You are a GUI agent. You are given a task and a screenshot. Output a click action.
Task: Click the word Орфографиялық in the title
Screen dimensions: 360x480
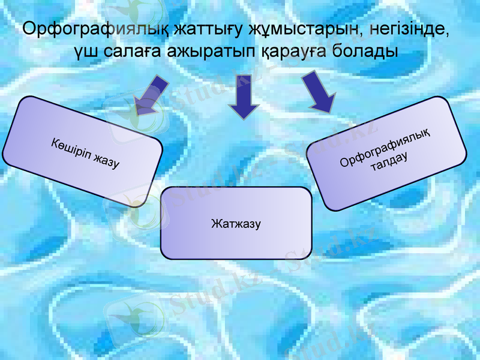94,29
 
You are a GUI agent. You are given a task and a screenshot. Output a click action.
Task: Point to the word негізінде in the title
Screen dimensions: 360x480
410,29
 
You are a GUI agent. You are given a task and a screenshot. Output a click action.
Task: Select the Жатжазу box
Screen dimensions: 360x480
236,223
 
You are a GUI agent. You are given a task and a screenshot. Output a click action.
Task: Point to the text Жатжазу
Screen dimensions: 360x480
236,224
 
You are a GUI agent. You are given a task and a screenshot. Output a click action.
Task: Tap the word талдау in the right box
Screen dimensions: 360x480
389,163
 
